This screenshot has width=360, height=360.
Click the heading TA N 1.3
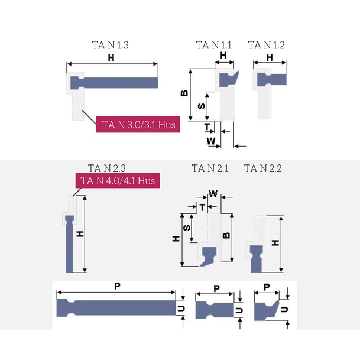point(110,45)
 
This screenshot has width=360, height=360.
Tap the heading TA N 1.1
point(213,45)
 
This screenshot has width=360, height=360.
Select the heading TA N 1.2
point(266,45)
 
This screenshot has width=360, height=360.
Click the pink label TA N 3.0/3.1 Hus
point(137,125)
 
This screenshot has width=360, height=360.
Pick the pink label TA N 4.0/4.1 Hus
point(118,180)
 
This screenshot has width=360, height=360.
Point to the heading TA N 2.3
point(107,168)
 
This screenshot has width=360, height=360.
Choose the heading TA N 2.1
point(210,168)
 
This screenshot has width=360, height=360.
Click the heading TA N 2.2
point(263,168)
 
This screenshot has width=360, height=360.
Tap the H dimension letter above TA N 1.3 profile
point(111,58)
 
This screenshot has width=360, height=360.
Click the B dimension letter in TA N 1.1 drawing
point(184,93)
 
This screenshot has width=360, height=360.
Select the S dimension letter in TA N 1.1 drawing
point(201,106)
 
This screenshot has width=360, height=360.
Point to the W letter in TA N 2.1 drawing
point(213,193)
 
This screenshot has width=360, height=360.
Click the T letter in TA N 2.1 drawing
point(202,207)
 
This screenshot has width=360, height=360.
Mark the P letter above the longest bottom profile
point(117,286)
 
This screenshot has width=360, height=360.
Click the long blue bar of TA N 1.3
point(118,82)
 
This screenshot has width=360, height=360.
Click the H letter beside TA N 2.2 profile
point(275,243)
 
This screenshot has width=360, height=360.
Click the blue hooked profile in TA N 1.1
point(228,78)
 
